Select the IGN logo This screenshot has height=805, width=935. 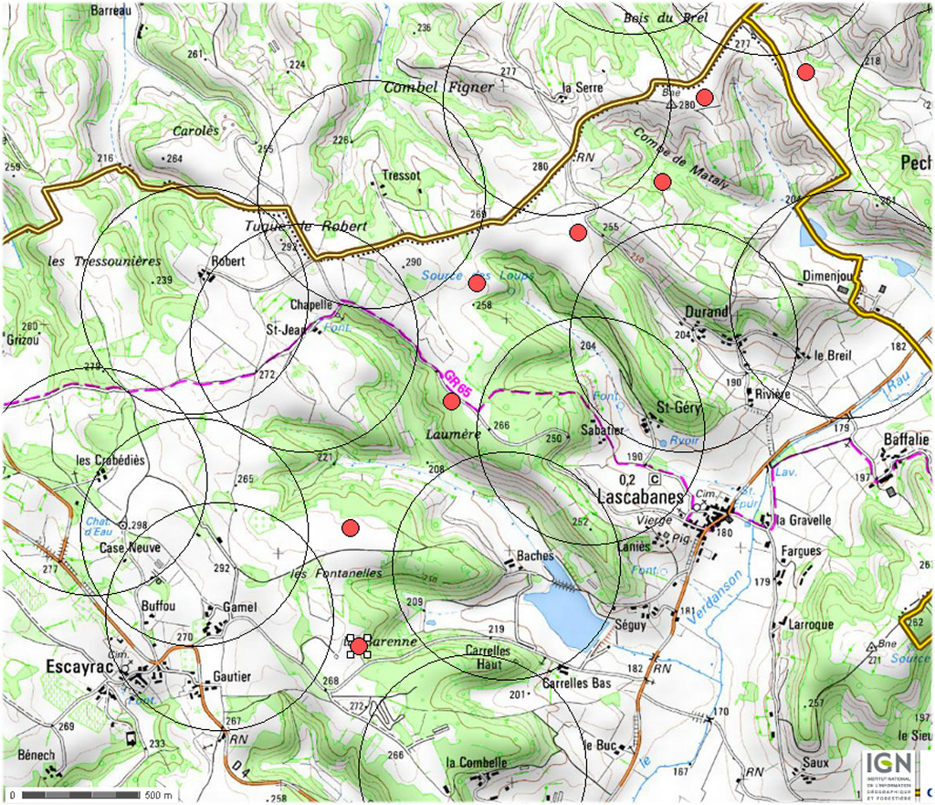click(x=884, y=764)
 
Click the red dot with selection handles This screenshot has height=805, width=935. click(x=359, y=646)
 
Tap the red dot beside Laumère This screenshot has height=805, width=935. click(x=451, y=400)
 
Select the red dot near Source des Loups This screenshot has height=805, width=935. click(x=477, y=283)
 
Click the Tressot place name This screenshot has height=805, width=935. click(x=402, y=175)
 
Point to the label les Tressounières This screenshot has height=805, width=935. click(x=103, y=261)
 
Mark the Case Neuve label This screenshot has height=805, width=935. click(x=130, y=547)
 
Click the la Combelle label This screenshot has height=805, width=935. click(x=476, y=763)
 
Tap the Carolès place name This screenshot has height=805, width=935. click(x=195, y=131)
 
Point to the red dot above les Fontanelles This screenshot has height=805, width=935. click(x=350, y=527)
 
